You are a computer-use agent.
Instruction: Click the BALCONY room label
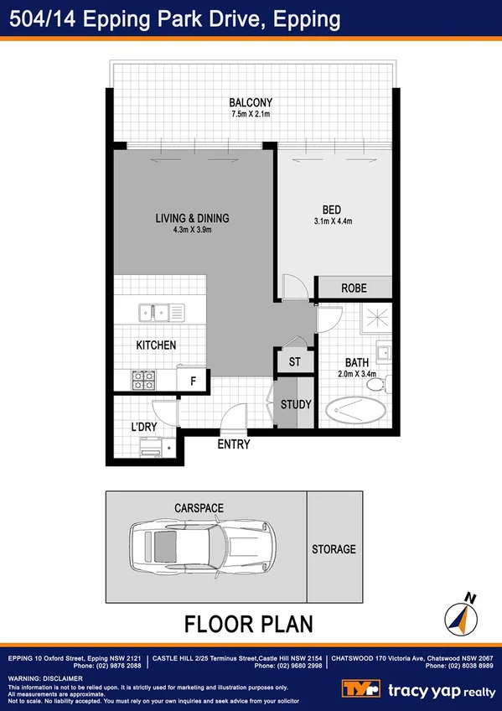pyautogui.click(x=251, y=103)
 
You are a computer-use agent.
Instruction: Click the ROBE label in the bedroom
pyautogui.click(x=353, y=288)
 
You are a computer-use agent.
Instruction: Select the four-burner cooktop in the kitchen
pyautogui.click(x=142, y=380)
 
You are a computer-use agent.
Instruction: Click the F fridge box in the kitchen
pyautogui.click(x=194, y=381)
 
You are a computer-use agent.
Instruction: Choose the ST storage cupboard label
pyautogui.click(x=294, y=362)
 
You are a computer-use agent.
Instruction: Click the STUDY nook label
pyautogui.click(x=296, y=405)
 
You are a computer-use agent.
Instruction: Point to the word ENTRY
pyautogui.click(x=233, y=445)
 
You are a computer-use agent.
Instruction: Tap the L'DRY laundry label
pyautogui.click(x=144, y=427)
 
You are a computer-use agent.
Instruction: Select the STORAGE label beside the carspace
pyautogui.click(x=334, y=550)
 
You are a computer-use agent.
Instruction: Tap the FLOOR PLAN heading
pyautogui.click(x=248, y=624)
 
